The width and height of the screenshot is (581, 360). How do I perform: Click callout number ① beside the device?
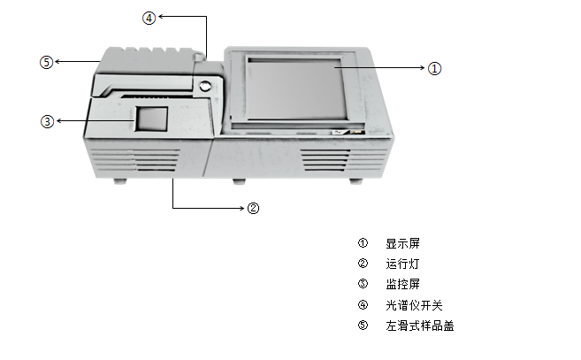coord(434,68)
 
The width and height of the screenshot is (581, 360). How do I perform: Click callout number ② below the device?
coord(253,209)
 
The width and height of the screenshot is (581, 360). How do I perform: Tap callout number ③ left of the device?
coord(47,121)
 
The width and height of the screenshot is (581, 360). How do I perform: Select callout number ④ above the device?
coord(149,17)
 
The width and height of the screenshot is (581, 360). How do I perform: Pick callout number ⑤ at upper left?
coord(46,62)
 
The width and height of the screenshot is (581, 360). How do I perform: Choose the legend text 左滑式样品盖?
coord(419,326)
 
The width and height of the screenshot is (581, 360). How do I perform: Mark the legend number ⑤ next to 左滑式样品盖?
coord(362,326)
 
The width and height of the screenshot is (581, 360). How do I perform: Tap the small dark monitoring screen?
coord(151,119)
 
